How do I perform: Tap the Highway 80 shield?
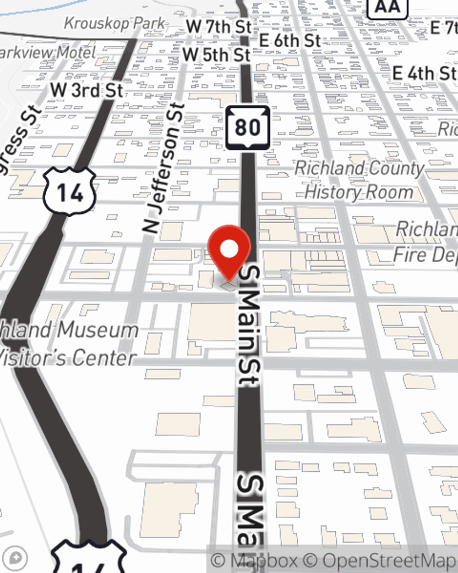point(248,128)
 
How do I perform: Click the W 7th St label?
point(219,27)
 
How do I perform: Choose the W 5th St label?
point(216,55)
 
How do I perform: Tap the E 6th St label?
point(290,40)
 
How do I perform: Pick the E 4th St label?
point(424,73)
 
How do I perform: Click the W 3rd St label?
point(87,90)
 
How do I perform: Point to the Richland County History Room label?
point(360,180)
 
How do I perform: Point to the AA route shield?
point(387,6)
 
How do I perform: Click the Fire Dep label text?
point(425,255)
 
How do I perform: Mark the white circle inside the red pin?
point(229,249)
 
